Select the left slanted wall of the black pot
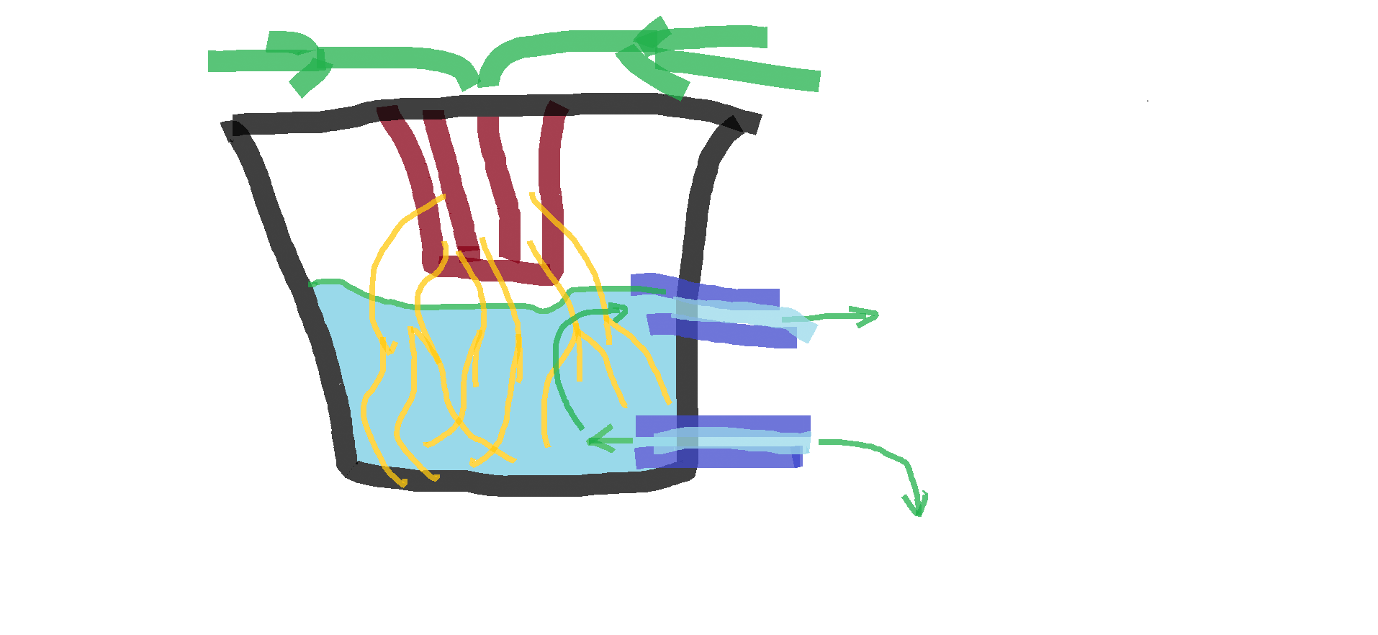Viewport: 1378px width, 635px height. click(288, 252)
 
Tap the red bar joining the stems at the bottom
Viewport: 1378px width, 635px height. click(497, 269)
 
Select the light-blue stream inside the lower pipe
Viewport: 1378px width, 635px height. click(734, 441)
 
